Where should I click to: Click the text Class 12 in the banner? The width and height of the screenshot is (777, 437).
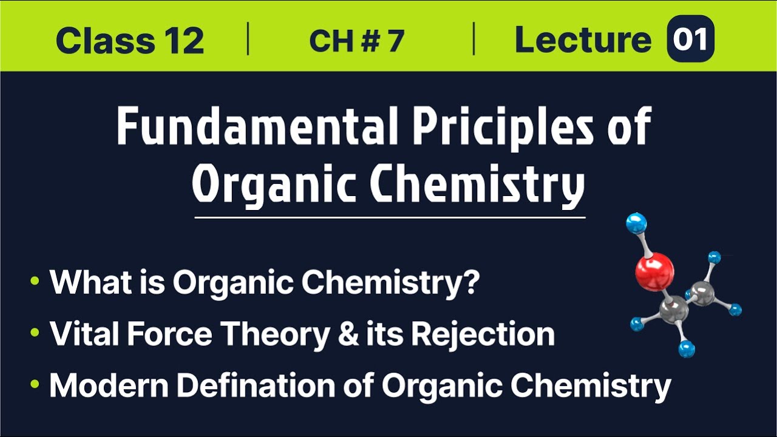[x=129, y=41]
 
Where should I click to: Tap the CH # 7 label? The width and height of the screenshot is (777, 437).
[x=356, y=41]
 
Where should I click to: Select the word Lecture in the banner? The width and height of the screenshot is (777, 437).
[x=583, y=41]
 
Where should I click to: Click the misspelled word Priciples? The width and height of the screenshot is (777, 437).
[x=490, y=127]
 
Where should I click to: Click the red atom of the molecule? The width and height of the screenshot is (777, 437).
[x=654, y=271]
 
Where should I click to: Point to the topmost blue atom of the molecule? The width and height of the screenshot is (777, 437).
[x=636, y=223]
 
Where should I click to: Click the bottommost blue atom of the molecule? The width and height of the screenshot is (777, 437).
[x=687, y=348]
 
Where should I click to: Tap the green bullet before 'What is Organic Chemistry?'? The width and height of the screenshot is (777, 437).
[x=35, y=281]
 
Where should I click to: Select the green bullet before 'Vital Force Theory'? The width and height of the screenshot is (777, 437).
[x=35, y=333]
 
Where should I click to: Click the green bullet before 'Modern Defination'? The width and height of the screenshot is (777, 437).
[x=35, y=385]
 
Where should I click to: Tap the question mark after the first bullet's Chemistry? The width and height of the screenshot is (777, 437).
[x=469, y=282]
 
